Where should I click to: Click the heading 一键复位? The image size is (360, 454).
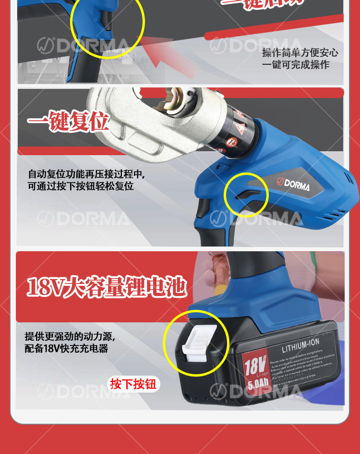click(x=68, y=123)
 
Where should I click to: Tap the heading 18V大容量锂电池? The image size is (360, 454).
click(x=106, y=287)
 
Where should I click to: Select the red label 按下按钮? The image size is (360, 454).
click(x=133, y=384)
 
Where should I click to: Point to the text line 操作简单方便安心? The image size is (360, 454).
click(x=300, y=53)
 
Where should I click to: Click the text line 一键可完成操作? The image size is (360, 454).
click(x=295, y=64)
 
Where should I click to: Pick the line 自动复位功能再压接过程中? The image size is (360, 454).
click(x=86, y=174)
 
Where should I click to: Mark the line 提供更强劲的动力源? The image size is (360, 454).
click(x=70, y=336)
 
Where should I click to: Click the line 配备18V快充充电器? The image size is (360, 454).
click(x=67, y=348)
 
